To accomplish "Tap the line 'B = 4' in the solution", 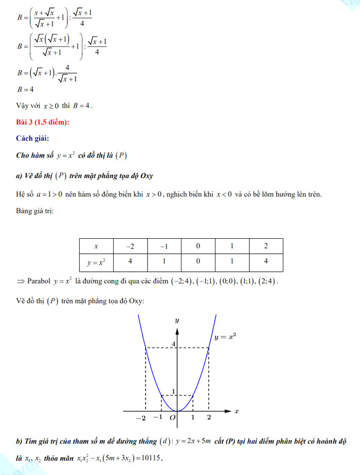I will [x=25, y=89].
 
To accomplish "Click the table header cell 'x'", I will [x=96, y=246].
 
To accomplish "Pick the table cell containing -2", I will [x=130, y=246].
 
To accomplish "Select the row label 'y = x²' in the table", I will [x=96, y=262].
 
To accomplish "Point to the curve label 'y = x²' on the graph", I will [x=225, y=338].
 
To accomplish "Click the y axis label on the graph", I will [x=176, y=320].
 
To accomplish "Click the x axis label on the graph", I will [x=236, y=411].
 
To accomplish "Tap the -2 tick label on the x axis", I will [x=140, y=418].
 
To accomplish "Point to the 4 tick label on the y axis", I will [x=173, y=344].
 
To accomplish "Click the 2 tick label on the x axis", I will [x=209, y=418].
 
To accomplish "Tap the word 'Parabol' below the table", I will [x=39, y=282].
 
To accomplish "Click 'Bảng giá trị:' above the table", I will [x=34, y=211].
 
